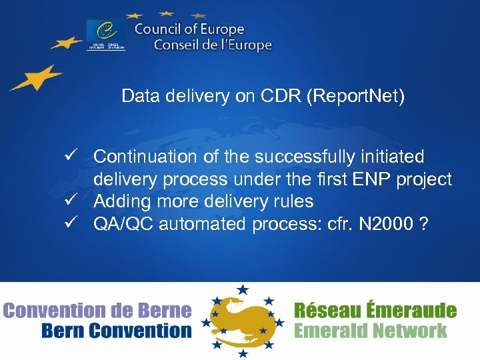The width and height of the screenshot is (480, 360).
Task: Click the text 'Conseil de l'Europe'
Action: point(213,45)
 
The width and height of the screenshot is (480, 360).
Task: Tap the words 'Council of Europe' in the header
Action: point(189,29)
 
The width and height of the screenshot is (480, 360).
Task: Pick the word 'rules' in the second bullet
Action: point(295,201)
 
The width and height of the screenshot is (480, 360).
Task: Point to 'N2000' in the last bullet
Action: point(386,224)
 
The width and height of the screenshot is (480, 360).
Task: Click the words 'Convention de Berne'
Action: point(97,310)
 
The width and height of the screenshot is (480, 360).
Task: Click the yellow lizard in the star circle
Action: point(241,319)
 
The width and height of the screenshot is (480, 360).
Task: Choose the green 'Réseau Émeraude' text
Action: point(375,310)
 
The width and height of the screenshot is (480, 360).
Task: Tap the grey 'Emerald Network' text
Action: point(370,331)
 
